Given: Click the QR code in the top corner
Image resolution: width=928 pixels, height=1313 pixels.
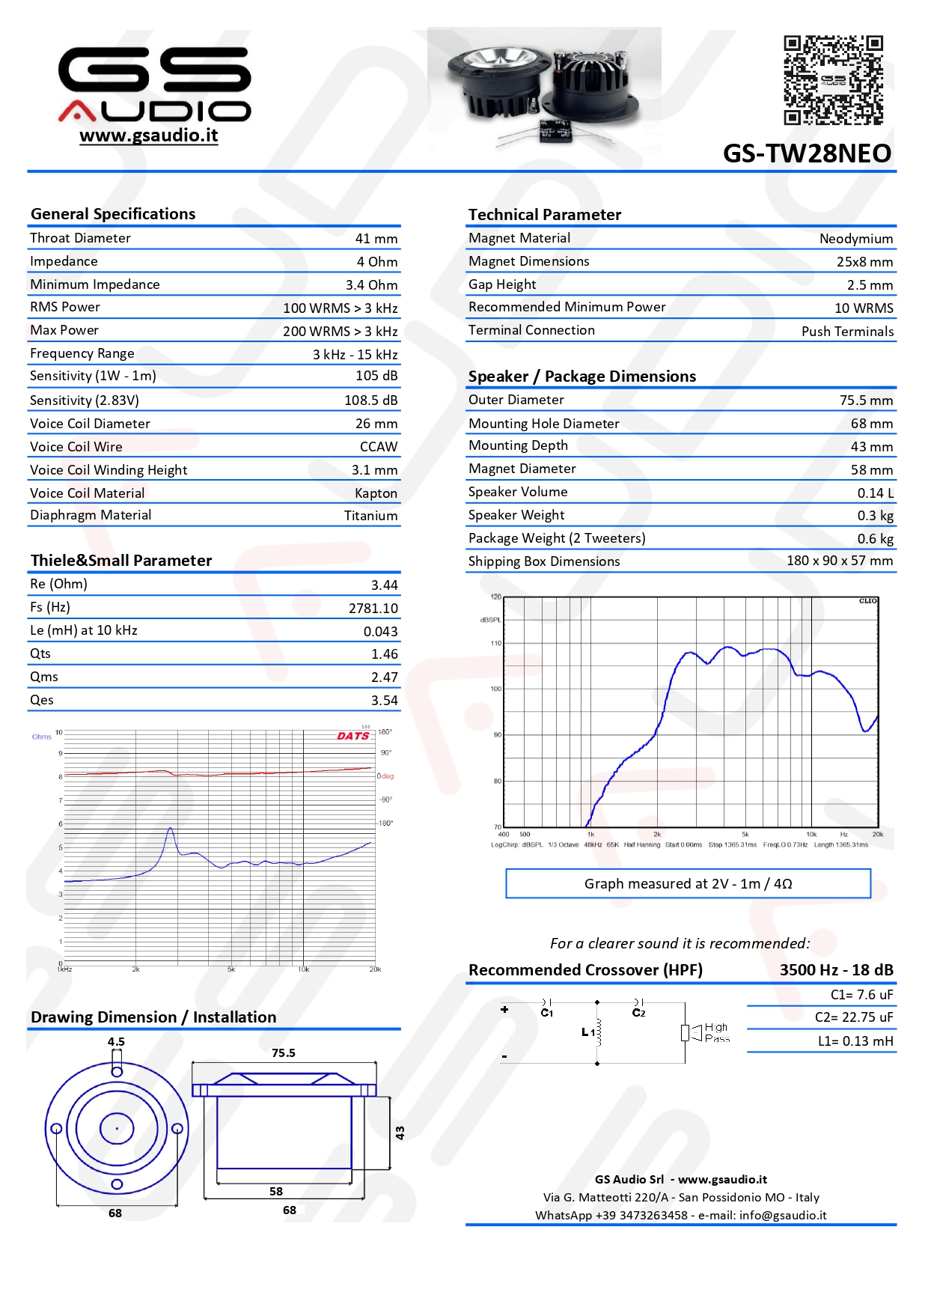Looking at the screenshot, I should point(833,79).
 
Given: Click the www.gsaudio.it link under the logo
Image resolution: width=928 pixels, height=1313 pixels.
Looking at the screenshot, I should point(148,135).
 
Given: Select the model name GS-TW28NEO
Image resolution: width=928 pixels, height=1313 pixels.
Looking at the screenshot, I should point(807,153).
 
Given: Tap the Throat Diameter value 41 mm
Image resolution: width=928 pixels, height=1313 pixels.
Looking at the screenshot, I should point(376,239).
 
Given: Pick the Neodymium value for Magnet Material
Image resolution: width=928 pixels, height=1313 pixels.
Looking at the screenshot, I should point(855,239).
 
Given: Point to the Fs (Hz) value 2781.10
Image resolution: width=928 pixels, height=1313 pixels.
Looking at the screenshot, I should point(373,609).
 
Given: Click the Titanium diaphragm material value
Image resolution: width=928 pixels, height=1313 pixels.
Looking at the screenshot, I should point(370,516).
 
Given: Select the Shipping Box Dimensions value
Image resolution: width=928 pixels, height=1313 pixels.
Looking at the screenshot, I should point(839,561).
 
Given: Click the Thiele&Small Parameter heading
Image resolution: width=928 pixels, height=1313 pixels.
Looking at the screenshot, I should point(121,561).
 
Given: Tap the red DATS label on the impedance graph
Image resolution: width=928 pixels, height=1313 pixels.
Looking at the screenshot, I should point(352,737).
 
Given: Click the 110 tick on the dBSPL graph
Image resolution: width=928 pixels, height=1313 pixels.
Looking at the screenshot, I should point(495,643).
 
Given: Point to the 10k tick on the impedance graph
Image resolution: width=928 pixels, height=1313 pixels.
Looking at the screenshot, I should point(303,969).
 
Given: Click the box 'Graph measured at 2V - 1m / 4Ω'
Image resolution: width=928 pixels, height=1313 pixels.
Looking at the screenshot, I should point(688,883).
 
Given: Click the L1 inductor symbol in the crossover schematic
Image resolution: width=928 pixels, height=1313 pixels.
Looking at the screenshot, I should point(597,1032).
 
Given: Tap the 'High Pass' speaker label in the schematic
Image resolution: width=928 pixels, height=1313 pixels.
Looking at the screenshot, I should point(716,1033).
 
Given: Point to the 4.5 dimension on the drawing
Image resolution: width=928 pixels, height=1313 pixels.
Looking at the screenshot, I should point(116,1042).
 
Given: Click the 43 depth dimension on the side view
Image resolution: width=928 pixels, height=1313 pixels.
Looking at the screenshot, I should point(400,1133).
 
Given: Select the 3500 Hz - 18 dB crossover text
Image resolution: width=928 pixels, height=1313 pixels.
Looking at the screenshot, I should point(836,970).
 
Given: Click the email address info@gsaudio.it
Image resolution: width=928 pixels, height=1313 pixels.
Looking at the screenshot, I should point(782,1216).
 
